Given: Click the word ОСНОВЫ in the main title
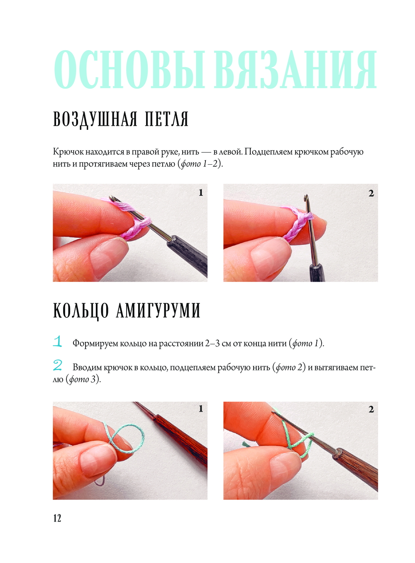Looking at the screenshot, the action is pos(129,69).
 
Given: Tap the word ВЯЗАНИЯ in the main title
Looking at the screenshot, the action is pos(295,69).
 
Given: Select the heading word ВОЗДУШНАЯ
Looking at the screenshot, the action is pos(95,119).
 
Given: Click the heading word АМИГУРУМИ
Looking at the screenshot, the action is pos(158,311).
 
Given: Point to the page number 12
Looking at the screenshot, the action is pos(57,518).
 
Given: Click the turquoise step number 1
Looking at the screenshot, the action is pos(58,341).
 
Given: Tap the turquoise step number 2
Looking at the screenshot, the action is pos(58,366).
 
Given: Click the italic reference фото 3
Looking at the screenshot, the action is pos(83,379).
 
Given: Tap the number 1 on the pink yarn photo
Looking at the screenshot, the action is pos(200,193).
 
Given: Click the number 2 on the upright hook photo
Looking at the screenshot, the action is pos(371,193).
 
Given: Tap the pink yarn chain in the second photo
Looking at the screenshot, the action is pos(295,225).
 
